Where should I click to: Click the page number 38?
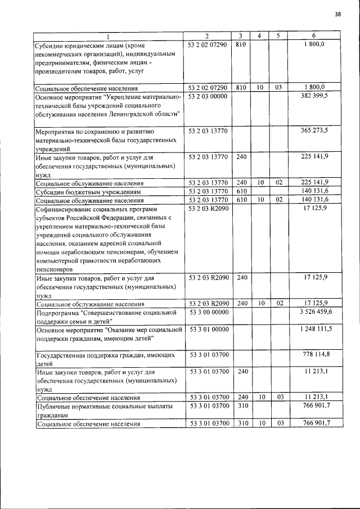[x=337, y=15]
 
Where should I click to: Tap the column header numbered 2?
[x=207, y=36]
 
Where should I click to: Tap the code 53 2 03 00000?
[x=208, y=97]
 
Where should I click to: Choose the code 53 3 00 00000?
[x=208, y=312]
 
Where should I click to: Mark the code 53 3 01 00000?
[x=208, y=328]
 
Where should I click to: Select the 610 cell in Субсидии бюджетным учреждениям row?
[x=241, y=192]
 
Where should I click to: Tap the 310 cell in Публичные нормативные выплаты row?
[x=241, y=405]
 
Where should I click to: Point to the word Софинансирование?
[x=66, y=209]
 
